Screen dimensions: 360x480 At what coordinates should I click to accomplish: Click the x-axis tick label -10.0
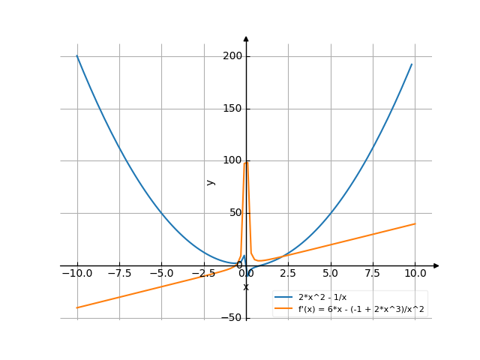coord(76,274)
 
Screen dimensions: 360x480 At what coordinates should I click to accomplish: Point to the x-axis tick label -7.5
coord(118,274)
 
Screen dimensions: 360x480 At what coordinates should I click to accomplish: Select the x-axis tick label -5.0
coord(161,274)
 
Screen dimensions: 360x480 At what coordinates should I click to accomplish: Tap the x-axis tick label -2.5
coord(203,274)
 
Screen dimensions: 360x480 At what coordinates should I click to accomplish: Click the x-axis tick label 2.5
coord(289,274)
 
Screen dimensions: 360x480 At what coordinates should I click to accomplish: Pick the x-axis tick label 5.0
coord(331,274)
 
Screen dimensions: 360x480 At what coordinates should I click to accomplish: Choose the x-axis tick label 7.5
coord(373,274)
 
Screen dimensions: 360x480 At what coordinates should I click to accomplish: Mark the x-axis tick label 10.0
coord(415,274)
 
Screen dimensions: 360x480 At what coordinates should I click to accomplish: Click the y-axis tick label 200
coord(232,56)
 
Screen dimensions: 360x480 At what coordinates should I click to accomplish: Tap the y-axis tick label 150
coord(232,109)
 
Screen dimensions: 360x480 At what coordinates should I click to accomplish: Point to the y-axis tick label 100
coord(232,160)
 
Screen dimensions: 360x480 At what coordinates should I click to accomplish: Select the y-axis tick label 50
coord(234,213)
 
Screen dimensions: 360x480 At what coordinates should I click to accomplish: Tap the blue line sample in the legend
coord(283,298)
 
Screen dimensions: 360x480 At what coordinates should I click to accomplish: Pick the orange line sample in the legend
coord(283,308)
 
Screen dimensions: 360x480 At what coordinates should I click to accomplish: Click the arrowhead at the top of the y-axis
coord(246,37)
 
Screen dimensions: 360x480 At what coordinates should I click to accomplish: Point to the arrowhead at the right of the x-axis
coord(436,265)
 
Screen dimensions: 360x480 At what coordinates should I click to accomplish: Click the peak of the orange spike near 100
coord(246,161)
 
